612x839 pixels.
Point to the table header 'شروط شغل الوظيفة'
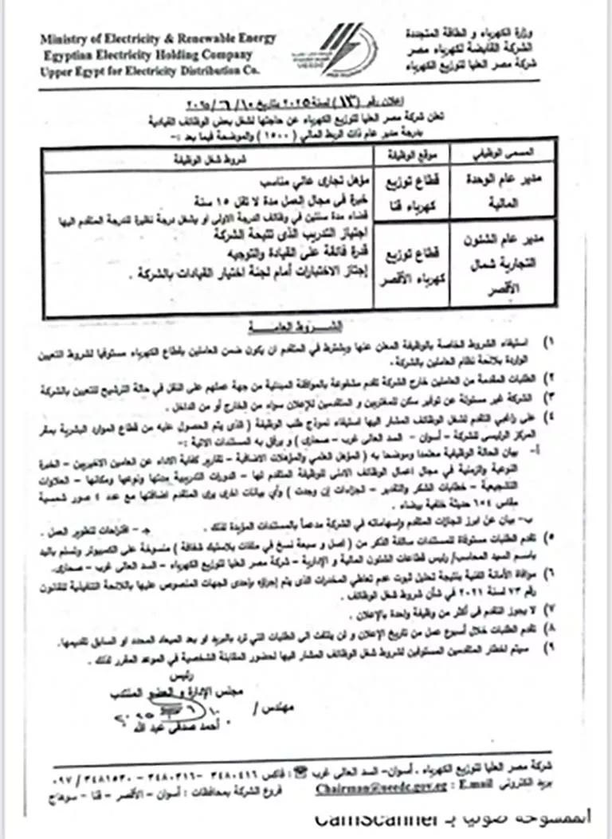click(x=209, y=158)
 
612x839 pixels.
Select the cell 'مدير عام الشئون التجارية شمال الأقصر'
click(x=489, y=265)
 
